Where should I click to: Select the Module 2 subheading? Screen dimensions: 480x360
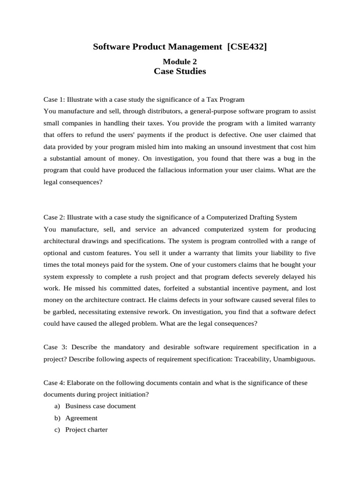180,61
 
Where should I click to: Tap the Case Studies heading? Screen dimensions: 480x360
180,72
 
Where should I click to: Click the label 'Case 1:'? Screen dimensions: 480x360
54,100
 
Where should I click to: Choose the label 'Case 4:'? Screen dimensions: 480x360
54,382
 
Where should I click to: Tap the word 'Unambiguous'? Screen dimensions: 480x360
295,359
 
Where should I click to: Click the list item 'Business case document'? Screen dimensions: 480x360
100,406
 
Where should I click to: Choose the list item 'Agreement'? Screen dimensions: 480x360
82,418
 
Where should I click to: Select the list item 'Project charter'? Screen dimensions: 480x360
86,429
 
